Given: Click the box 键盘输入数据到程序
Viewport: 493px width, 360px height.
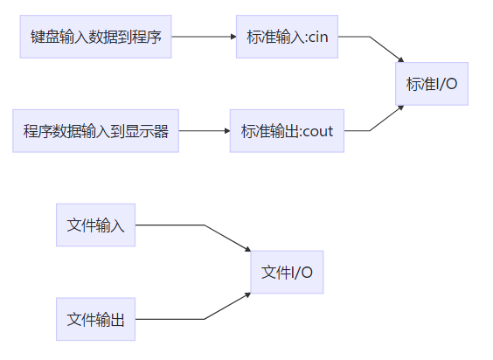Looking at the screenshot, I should (x=95, y=38).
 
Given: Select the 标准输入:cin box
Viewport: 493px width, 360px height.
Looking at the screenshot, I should (x=287, y=38).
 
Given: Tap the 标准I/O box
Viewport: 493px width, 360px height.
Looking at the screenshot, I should (x=432, y=84).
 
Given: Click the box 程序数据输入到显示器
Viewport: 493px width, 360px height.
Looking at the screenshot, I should (x=95, y=131).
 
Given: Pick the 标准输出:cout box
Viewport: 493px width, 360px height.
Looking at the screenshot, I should (x=287, y=131).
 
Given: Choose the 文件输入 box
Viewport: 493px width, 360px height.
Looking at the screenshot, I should (x=95, y=225).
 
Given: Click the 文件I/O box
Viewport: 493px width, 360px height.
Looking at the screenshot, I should (x=287, y=272).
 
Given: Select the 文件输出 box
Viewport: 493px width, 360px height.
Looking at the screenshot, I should (x=95, y=319).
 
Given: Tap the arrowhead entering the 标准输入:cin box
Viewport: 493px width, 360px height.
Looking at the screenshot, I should (x=233, y=38).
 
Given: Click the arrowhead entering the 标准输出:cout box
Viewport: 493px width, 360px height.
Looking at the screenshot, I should (x=226, y=131).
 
